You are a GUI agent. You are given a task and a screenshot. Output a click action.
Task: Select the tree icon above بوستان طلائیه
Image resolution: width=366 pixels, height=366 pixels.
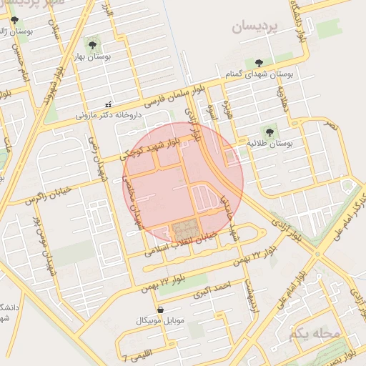pos(269,132)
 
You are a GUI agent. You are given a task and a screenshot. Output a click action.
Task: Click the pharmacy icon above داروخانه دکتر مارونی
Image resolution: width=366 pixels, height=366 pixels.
pos(108,104)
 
